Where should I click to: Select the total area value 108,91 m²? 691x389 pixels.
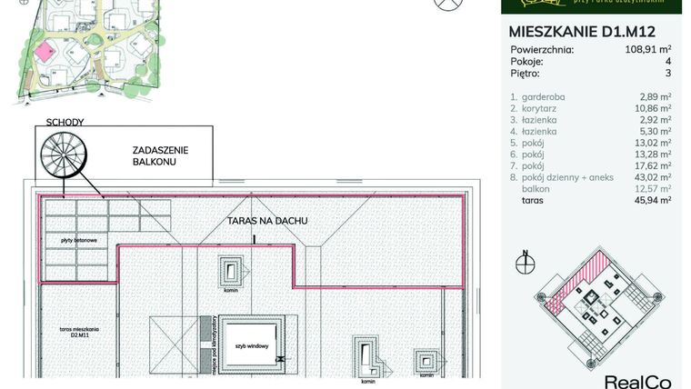tap(646, 50)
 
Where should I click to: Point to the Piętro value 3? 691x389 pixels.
tap(667, 74)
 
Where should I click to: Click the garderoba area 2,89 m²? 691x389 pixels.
tap(653, 95)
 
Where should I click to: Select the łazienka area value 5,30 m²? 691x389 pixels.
tap(653, 130)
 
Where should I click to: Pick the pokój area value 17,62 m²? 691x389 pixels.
tap(651, 165)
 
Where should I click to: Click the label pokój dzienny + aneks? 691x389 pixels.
tap(564, 177)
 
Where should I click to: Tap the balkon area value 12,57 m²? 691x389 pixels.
tap(651, 188)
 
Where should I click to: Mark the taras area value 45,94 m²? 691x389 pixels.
tap(651, 199)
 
